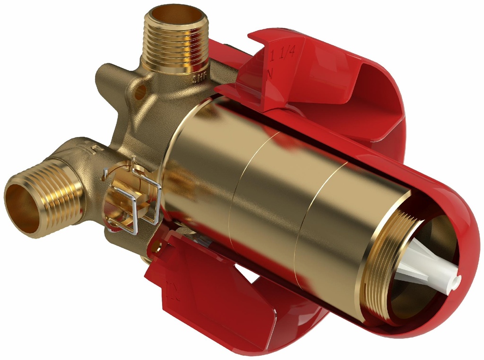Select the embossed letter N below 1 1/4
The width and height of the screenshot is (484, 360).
tap(270, 73)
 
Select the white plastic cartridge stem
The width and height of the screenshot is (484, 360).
tap(425, 265)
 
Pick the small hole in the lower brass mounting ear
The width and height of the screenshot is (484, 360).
tap(156, 246)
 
